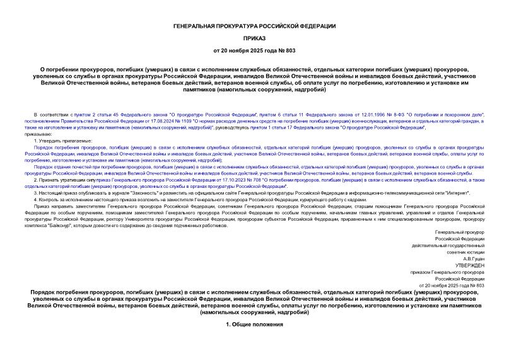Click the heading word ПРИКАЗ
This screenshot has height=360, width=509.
(254, 37)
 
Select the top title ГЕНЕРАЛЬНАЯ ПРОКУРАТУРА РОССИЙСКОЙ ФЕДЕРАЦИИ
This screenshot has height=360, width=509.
(254, 25)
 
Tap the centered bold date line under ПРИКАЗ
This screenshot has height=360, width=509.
(254, 50)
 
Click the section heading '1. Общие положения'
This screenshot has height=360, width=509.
(254, 324)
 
